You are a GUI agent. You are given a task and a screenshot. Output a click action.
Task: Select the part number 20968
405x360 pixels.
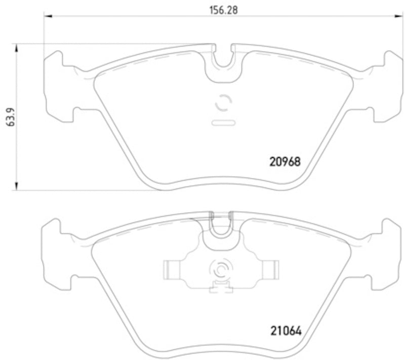tap(284, 162)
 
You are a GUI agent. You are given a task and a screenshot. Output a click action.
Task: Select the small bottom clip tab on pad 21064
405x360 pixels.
tap(221, 290)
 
